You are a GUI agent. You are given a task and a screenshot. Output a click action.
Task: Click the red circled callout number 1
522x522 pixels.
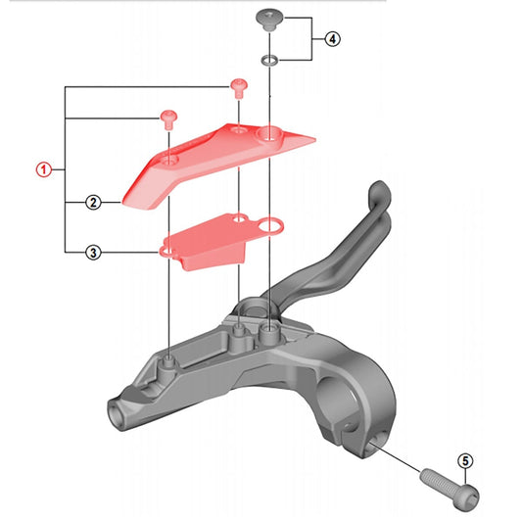click(42, 168)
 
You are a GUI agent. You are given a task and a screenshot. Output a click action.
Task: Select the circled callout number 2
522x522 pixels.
click(92, 204)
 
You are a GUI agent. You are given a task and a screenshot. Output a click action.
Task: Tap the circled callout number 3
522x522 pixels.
click(92, 252)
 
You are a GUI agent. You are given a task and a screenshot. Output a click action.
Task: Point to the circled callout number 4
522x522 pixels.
click(333, 40)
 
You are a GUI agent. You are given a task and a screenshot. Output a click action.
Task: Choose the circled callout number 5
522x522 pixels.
click(465, 459)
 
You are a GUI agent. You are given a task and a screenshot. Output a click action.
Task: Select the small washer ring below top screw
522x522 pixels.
click(267, 61)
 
